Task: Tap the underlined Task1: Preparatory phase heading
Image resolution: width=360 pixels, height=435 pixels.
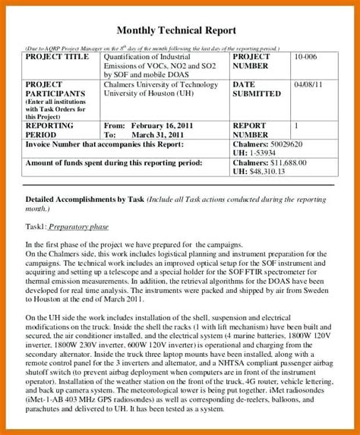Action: click(67, 226)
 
